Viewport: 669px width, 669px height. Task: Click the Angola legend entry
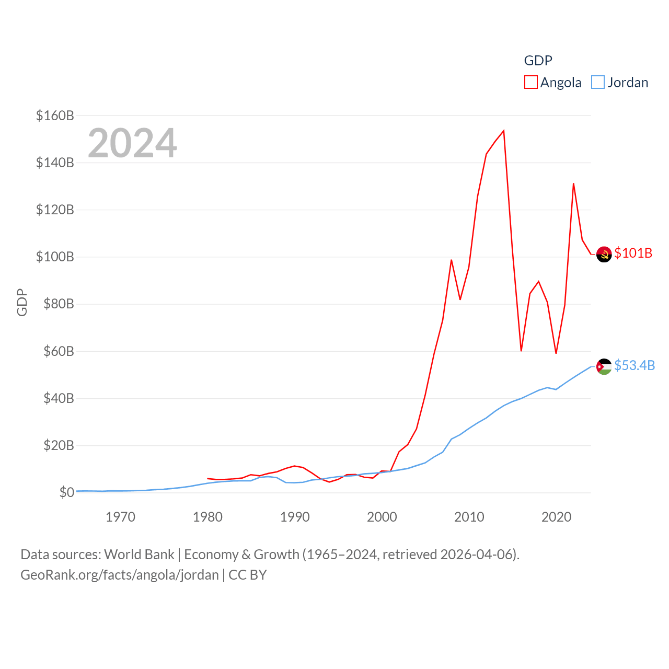(553, 83)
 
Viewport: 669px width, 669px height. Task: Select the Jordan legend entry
(620, 83)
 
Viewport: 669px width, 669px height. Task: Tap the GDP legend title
(538, 61)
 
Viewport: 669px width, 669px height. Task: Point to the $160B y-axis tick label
(55, 116)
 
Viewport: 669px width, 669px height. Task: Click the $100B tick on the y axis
(55, 257)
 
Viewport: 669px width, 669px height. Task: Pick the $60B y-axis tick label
(58, 351)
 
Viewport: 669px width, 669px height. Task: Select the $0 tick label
(66, 492)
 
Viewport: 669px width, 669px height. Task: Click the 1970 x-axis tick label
(120, 517)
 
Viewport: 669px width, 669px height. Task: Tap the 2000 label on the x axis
(382, 517)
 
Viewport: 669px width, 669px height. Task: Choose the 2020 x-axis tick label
(556, 517)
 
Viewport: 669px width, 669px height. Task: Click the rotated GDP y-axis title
(22, 302)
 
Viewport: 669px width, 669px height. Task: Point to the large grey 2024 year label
(132, 143)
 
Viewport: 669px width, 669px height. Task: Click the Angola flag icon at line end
(604, 254)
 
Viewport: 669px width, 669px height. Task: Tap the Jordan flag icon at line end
(604, 366)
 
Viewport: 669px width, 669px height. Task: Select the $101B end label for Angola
(633, 253)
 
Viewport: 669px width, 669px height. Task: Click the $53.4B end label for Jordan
(635, 365)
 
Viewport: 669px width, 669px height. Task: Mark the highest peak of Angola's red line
(503, 131)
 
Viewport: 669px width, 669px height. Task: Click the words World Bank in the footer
(139, 554)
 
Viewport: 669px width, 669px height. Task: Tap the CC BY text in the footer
(248, 575)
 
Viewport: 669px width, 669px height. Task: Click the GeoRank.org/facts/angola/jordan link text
(120, 575)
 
